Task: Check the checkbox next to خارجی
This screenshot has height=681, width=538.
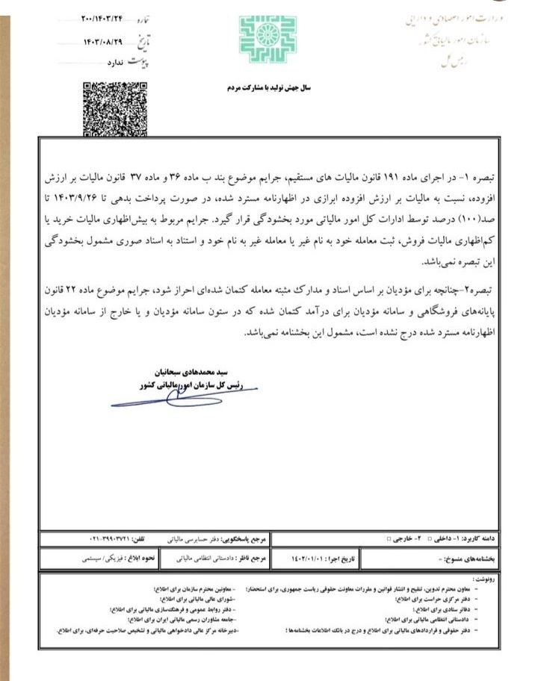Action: (x=387, y=538)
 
